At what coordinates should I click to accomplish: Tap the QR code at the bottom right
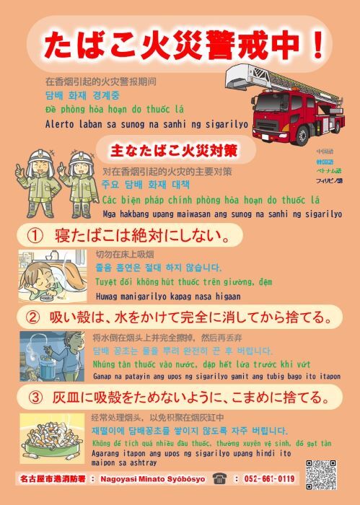click(322, 473)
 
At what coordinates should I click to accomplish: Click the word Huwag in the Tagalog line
click(109, 296)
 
